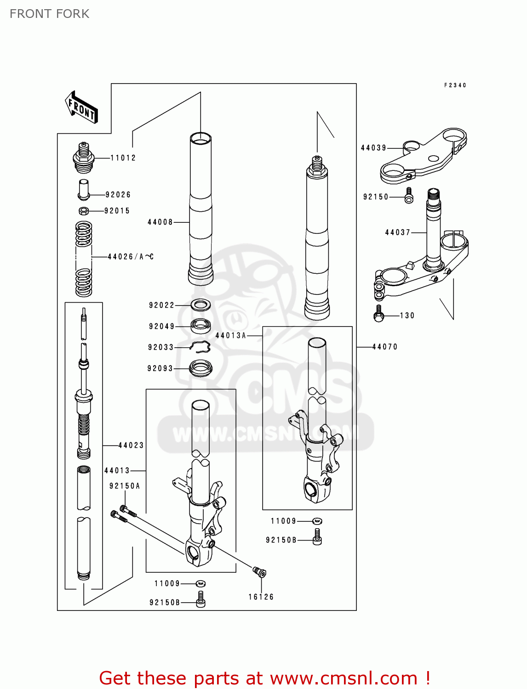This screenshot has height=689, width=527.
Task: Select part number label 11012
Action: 123,158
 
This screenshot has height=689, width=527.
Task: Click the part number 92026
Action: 118,195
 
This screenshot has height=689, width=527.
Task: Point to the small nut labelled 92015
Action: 83,211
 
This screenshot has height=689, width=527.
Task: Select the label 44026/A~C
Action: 131,257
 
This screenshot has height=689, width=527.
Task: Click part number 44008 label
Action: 160,222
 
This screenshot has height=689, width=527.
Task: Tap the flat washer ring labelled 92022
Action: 200,305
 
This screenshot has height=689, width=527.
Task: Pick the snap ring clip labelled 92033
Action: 200,348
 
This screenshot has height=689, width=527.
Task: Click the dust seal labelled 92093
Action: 200,368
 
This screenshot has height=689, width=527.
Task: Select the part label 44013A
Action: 231,336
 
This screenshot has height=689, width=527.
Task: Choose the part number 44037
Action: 397,232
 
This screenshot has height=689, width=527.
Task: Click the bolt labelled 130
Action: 379,314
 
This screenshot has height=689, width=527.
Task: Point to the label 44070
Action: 384,347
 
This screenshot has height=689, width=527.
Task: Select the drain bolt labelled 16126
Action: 260,572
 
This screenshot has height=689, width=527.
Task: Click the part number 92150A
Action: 125,486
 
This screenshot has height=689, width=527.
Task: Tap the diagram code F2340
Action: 455,85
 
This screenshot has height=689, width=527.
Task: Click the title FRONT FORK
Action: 50,14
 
